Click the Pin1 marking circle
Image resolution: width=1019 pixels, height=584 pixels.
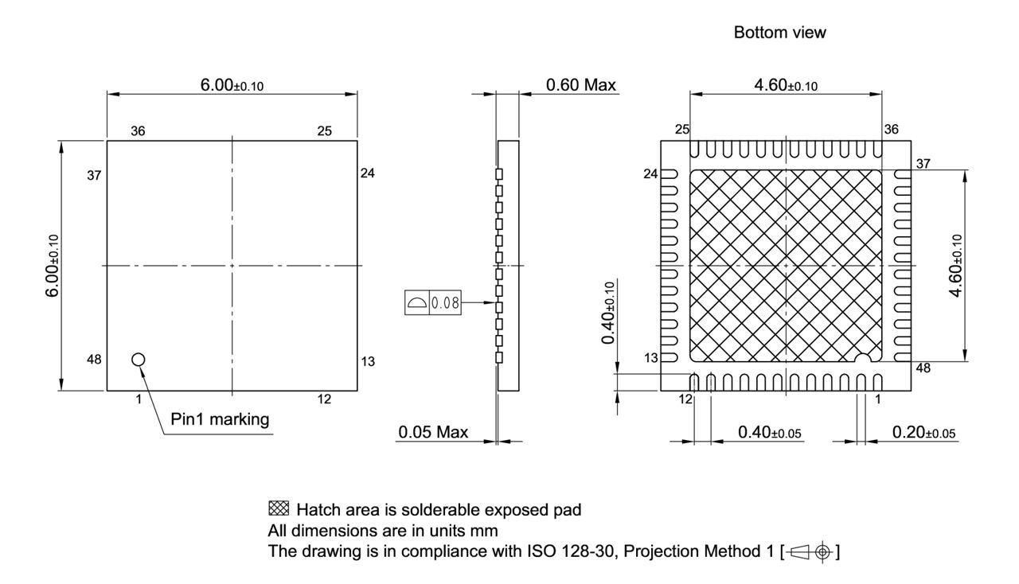click(x=139, y=360)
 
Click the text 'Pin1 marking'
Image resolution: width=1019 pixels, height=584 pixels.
click(x=221, y=419)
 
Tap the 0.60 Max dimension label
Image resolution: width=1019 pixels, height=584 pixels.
click(x=581, y=85)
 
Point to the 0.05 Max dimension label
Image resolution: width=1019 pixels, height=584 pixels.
click(x=433, y=432)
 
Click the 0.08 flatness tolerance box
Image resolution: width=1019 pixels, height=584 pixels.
click(x=431, y=303)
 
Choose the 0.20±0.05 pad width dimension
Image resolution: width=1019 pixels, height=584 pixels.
click(x=924, y=432)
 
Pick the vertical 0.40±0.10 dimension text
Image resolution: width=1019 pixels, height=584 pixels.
click(x=609, y=313)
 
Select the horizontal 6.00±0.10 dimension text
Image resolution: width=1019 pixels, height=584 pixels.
click(x=232, y=85)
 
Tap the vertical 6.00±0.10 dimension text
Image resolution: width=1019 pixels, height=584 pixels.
click(x=53, y=266)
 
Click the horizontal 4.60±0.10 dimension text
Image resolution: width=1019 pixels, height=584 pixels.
click(x=786, y=85)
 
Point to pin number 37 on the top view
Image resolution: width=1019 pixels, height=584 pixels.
click(x=95, y=175)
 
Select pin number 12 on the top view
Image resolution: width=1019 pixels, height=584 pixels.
click(x=324, y=399)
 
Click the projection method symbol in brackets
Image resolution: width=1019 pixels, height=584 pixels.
click(x=813, y=550)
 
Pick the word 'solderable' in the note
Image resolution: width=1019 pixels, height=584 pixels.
click(x=439, y=510)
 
